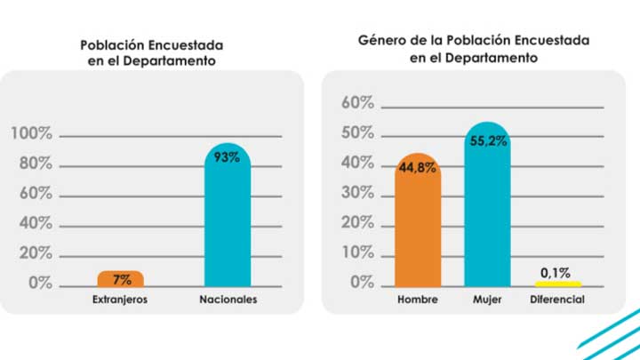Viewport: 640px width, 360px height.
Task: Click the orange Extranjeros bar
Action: (x=121, y=278)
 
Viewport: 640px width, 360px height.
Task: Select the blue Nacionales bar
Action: (x=228, y=222)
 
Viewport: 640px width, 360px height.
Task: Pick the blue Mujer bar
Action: (x=488, y=209)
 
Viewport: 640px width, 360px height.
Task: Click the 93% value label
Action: (x=228, y=159)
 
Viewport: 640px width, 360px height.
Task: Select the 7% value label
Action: (x=121, y=280)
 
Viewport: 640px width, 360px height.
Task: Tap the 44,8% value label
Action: (x=417, y=167)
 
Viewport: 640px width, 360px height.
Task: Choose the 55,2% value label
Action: (x=488, y=140)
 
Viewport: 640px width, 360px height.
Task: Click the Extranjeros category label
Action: (x=120, y=300)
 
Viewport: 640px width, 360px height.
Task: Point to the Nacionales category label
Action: (x=228, y=300)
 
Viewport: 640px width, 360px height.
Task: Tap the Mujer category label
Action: (x=488, y=300)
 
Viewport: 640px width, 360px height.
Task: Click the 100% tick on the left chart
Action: (x=32, y=134)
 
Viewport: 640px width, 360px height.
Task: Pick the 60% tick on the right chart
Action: (x=358, y=103)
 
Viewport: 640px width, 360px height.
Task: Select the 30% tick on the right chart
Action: (x=358, y=193)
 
